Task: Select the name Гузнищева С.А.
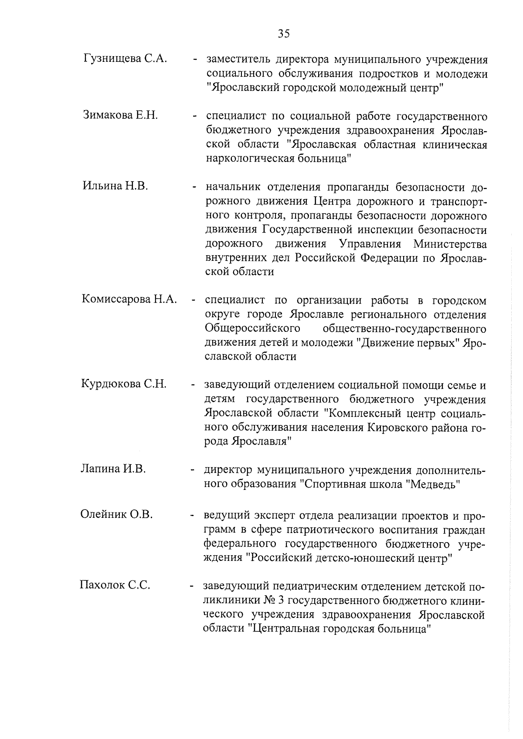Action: pyautogui.click(x=125, y=59)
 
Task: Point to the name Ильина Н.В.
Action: pyautogui.click(x=115, y=186)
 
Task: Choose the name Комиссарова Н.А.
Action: pyautogui.click(x=129, y=299)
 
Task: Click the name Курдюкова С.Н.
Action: pyautogui.click(x=124, y=384)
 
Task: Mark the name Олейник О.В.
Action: pyautogui.click(x=116, y=514)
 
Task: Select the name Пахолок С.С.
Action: pyautogui.click(x=115, y=585)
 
